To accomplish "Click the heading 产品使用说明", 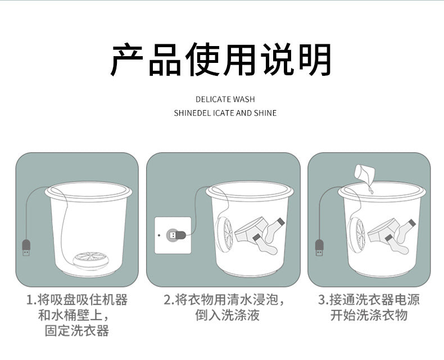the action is click(x=220, y=59).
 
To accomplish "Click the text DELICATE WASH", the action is click(x=225, y=99).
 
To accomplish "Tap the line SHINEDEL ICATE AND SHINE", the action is click(x=225, y=113).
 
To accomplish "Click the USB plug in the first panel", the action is click(x=26, y=248).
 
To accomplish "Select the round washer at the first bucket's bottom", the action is click(x=91, y=259).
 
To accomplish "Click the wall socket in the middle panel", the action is click(x=173, y=235).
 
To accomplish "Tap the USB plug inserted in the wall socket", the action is click(x=176, y=235).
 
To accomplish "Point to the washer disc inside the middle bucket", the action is click(x=224, y=235).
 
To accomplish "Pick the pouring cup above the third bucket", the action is click(x=364, y=172).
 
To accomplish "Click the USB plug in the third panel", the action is click(x=319, y=248).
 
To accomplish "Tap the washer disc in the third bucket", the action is click(x=357, y=235).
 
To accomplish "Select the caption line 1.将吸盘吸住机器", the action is click(x=77, y=300).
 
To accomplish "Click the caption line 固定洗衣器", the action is click(x=77, y=331).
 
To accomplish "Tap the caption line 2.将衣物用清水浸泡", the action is click(x=224, y=300).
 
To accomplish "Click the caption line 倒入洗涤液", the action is click(x=228, y=315).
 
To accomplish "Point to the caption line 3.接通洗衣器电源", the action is click(x=369, y=300).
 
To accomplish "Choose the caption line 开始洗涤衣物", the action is click(x=369, y=315).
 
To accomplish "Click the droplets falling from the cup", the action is click(x=370, y=188).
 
